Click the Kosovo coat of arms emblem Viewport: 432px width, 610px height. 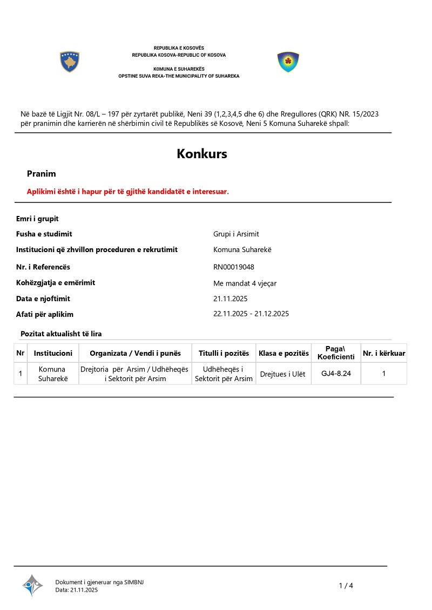coord(70,62)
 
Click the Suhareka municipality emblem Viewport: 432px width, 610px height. coord(288,62)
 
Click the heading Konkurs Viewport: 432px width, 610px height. coord(202,154)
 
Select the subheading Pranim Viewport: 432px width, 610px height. coord(42,174)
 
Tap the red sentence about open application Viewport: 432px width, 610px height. coord(128,192)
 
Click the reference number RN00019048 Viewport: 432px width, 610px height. coord(234,267)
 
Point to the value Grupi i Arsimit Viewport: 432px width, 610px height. coord(236,234)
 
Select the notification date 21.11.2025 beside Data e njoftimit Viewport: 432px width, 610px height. coord(231,299)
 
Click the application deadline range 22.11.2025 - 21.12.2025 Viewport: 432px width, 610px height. coord(251,314)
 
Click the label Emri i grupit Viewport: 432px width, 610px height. coord(37,219)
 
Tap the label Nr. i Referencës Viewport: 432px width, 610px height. coord(43,267)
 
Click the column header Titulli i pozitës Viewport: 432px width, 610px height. coord(224,354)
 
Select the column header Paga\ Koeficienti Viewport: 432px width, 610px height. coord(336,353)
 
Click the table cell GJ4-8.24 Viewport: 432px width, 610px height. coord(336,373)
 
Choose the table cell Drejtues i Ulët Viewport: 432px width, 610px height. coord(282,374)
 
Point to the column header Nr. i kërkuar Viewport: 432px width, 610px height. coord(384,354)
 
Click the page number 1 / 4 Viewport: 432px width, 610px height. coord(346,586)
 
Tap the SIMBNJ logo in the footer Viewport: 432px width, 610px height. coord(32,585)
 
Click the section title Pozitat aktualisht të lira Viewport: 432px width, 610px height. coord(61,334)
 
